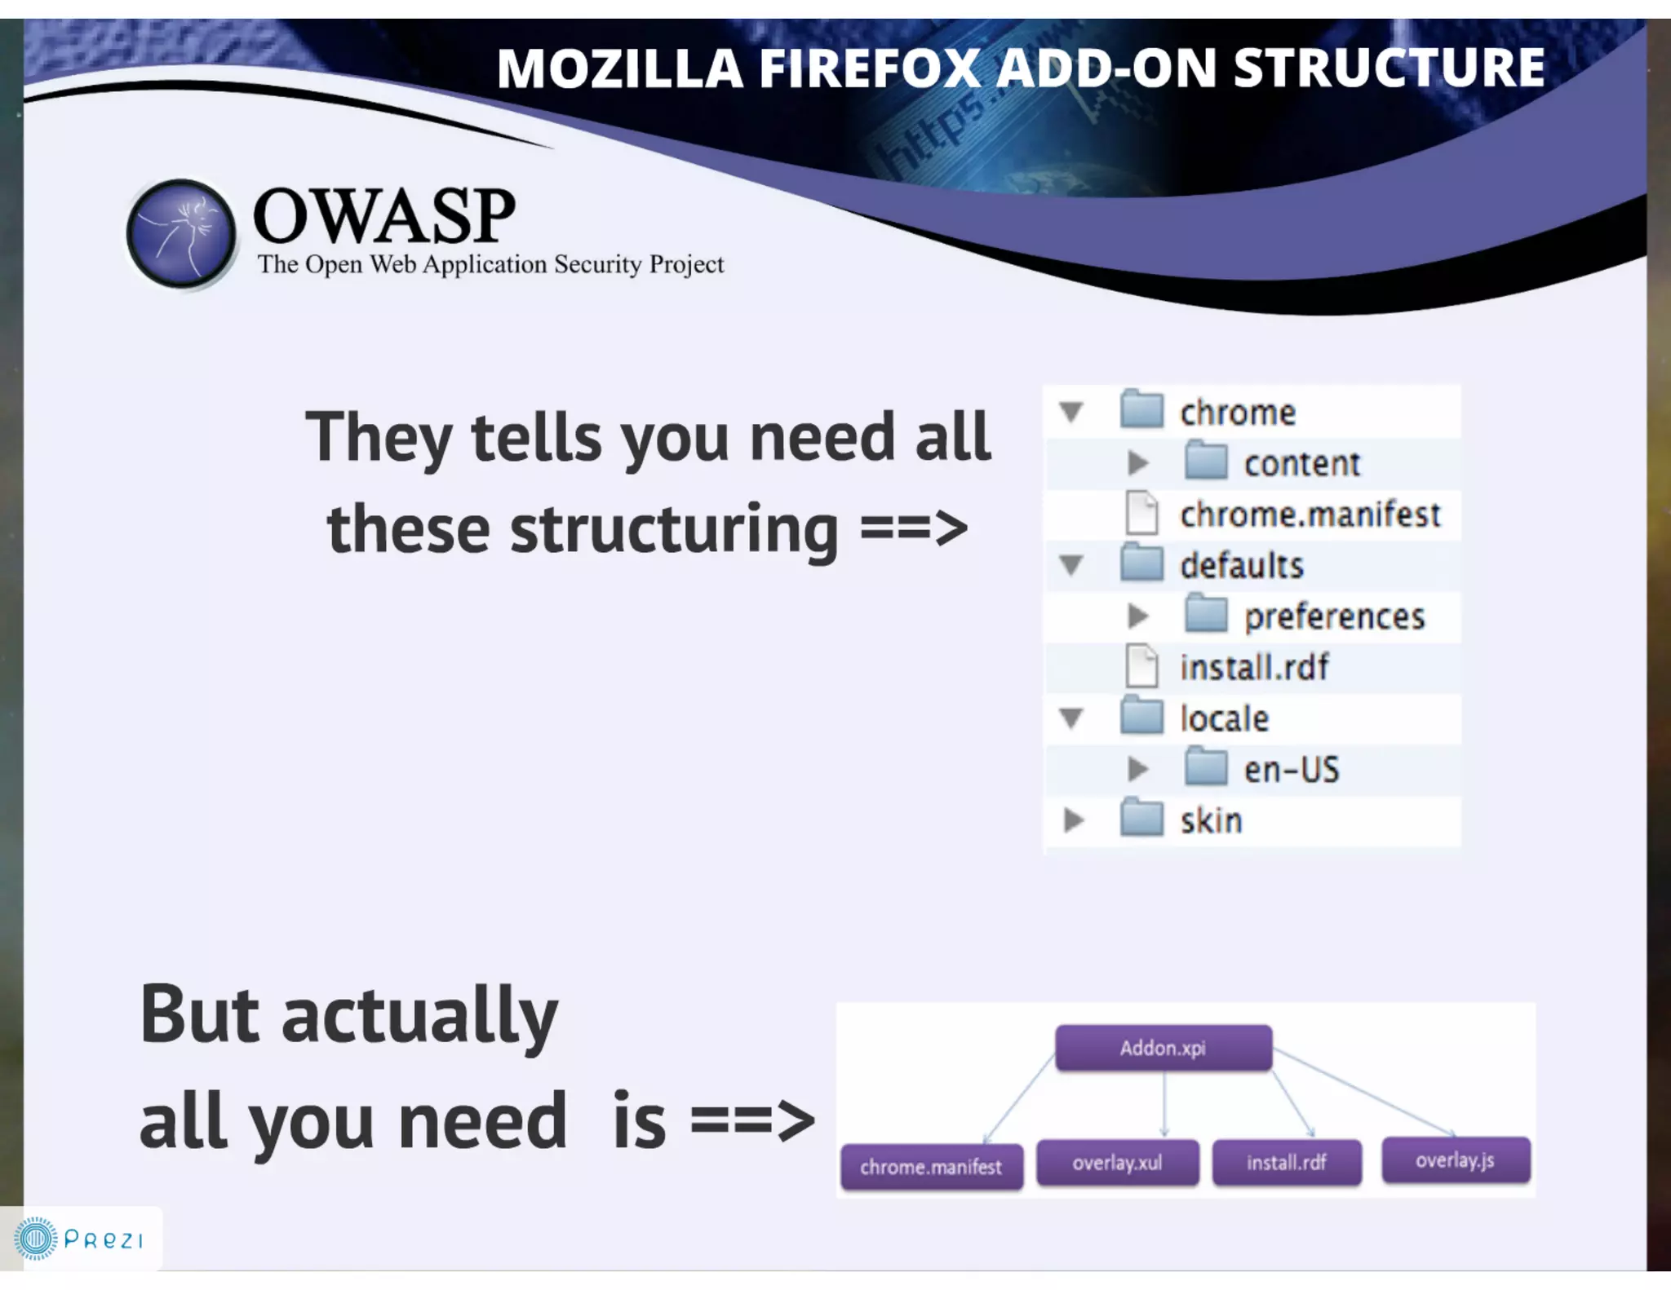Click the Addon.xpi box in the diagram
(1163, 1048)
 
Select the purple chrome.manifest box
(931, 1167)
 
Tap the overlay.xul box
(1117, 1163)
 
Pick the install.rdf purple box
(1286, 1163)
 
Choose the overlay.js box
(1455, 1160)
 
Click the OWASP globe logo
(181, 234)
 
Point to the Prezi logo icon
(35, 1239)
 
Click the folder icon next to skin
(1141, 820)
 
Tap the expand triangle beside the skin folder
(1073, 820)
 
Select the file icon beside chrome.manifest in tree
(1141, 514)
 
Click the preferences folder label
(1334, 616)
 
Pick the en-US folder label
(1292, 770)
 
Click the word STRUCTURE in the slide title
(1389, 68)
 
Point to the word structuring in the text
(674, 530)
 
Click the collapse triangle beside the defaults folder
(1071, 565)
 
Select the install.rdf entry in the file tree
(1254, 667)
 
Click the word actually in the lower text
(419, 1016)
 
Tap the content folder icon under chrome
(1206, 462)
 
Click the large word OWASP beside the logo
(384, 216)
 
